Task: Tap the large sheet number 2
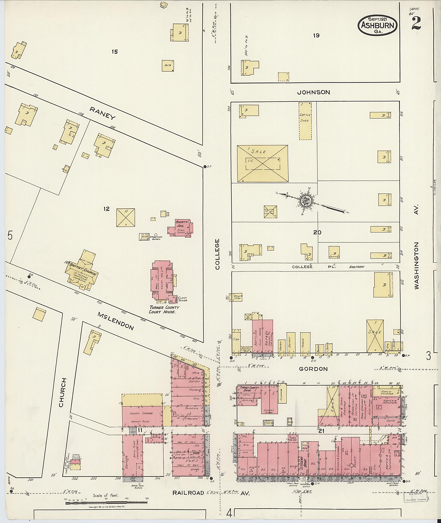coord(416,23)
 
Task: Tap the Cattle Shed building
coord(305,121)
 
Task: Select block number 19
coord(316,36)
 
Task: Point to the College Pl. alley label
coord(315,267)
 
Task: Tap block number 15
coord(115,52)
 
